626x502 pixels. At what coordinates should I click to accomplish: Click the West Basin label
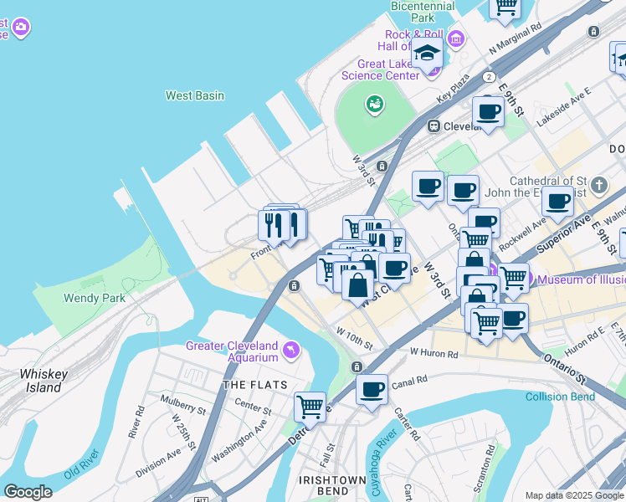(x=195, y=95)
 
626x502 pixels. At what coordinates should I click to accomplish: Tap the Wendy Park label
(x=95, y=298)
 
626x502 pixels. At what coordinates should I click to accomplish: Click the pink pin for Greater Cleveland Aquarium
(x=290, y=349)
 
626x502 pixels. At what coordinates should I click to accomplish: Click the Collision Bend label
(x=561, y=397)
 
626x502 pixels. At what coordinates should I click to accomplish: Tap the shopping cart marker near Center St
(x=310, y=407)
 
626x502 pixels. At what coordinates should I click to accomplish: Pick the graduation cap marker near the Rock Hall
(x=427, y=52)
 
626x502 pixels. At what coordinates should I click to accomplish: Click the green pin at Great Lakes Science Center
(x=374, y=104)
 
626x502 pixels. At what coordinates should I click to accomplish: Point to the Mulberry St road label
(x=184, y=410)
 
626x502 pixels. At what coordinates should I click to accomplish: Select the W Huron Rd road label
(x=434, y=353)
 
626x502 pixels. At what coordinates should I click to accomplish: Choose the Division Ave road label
(x=158, y=461)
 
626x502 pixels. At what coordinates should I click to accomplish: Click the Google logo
(x=28, y=492)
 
